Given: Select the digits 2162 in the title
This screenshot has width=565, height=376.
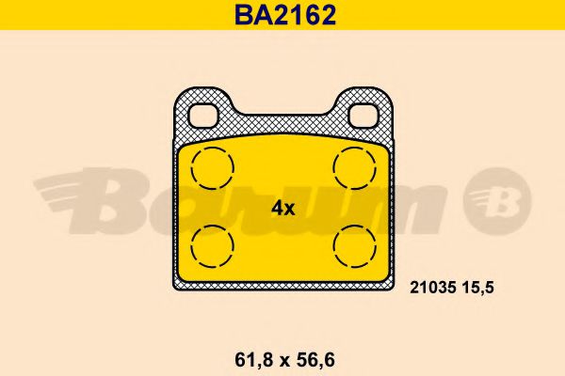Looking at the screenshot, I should (301, 15).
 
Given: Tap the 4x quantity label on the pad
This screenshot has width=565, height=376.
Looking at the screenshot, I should (283, 209).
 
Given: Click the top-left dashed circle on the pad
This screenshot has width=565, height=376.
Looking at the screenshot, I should (212, 168).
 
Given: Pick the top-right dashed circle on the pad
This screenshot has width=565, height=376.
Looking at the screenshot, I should (353, 168).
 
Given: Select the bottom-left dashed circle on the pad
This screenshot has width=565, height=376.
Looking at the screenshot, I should (212, 247).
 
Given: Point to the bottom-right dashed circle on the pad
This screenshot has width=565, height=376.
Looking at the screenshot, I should (353, 247).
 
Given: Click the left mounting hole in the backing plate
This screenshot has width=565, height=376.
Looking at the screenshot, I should (204, 114).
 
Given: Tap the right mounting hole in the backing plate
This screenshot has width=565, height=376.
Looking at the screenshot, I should (362, 114).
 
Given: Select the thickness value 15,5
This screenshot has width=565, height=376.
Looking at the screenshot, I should (474, 290).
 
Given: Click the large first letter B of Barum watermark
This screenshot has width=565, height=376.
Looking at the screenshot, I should (122, 199).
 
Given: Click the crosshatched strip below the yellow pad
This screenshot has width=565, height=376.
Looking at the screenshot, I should (282, 282).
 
